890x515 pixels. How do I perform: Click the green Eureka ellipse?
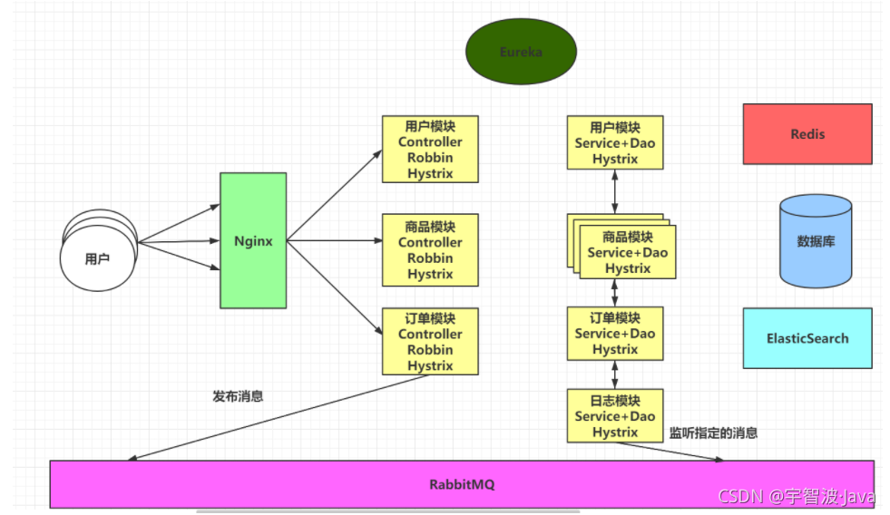[x=521, y=52]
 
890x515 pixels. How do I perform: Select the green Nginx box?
[x=253, y=241]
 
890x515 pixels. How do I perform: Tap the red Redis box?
[x=807, y=134]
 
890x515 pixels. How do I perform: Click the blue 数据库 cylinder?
[x=816, y=241]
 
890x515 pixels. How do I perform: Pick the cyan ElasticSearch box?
[x=807, y=338]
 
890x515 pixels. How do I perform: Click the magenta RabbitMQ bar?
[x=462, y=484]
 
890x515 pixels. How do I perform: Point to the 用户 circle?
[x=97, y=259]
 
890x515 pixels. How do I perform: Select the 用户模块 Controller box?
[x=430, y=150]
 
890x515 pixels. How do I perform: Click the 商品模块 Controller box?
[x=430, y=250]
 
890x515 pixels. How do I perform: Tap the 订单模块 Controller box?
[x=430, y=342]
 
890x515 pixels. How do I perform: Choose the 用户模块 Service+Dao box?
[x=615, y=142]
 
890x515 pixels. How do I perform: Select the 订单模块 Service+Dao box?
[x=615, y=333]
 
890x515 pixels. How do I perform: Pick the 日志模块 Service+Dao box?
[x=615, y=416]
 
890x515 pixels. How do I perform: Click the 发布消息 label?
[x=238, y=396]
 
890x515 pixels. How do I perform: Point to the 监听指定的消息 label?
[x=713, y=433]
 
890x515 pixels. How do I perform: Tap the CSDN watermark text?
[x=796, y=497]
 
